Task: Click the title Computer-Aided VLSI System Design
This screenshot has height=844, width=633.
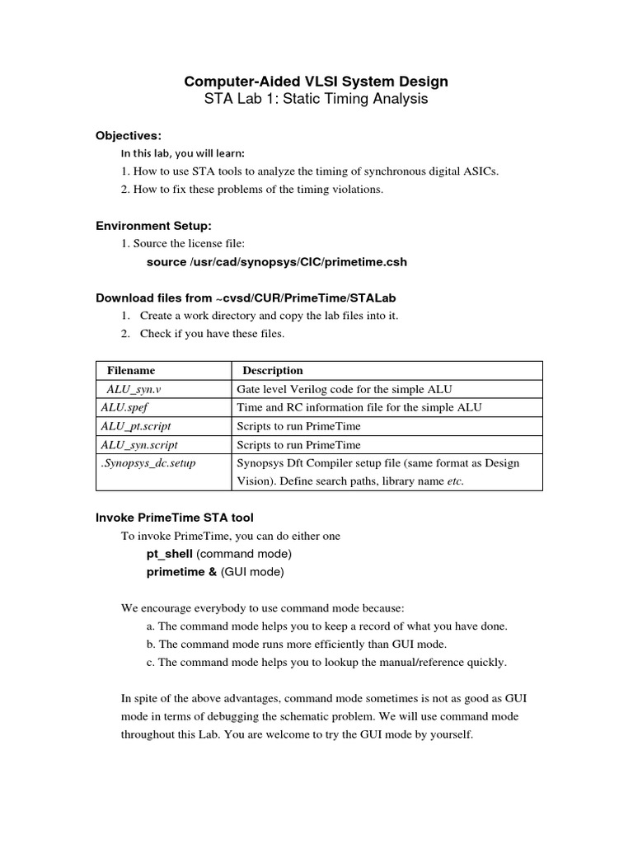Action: (316, 81)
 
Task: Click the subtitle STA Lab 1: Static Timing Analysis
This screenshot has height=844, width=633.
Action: (316, 100)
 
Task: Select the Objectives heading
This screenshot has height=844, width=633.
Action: (129, 135)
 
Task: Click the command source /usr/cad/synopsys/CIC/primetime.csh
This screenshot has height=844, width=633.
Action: (276, 262)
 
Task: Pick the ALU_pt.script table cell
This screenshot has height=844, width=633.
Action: (135, 426)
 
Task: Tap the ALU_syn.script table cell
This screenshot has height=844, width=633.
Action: (138, 444)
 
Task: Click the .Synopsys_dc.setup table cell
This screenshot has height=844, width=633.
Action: (147, 463)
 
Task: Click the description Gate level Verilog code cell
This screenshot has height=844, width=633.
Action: (344, 389)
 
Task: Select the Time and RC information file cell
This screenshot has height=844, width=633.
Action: (359, 407)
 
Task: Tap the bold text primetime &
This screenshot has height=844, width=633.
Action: (181, 570)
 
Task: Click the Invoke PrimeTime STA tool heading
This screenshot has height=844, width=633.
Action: (176, 517)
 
